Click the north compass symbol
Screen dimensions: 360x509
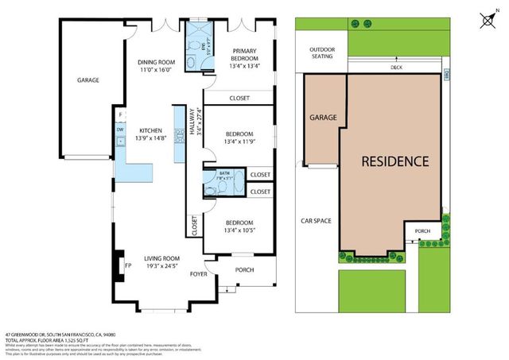[488, 17]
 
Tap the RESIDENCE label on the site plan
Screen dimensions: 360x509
[395, 161]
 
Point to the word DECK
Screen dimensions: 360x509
[396, 68]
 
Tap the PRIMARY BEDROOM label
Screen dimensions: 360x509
[245, 55]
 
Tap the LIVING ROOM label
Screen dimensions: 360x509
[161, 258]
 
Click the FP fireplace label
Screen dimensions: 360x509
[127, 266]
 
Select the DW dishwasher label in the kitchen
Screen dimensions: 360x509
[120, 129]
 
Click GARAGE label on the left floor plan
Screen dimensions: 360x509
[87, 80]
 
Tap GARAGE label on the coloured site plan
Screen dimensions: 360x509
[323, 118]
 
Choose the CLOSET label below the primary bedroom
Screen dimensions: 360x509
[239, 98]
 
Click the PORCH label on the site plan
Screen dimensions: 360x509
[422, 232]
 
